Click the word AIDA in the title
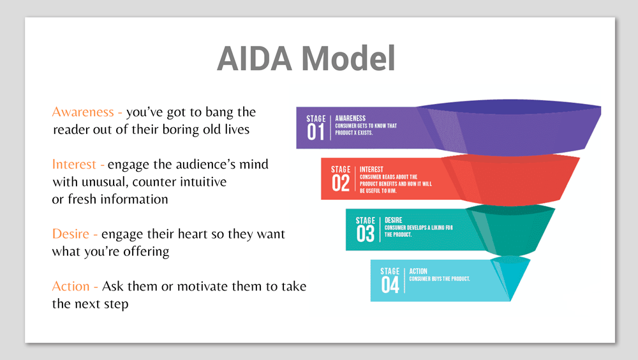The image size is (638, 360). pos(255,59)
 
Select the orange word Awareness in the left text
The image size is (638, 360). pos(83,112)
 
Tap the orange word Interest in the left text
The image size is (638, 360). pos(74,165)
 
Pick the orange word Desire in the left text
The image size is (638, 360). pos(71,234)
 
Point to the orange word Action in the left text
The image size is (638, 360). pos(71,287)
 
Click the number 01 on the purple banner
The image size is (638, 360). pos(316,132)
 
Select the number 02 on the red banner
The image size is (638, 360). pos(341,183)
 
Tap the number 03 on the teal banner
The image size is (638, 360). pos(366,234)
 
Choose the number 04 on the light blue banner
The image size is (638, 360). pos(390,285)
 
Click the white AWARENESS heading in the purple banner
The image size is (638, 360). pos(350,118)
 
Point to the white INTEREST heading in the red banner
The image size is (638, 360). pos(371,169)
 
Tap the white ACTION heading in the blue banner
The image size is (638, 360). pos(419,271)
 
